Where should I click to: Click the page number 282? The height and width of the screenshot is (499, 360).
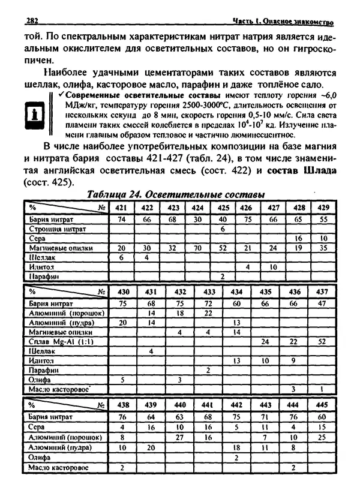[x=32, y=21]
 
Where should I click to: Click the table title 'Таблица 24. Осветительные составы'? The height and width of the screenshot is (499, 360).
[x=176, y=195]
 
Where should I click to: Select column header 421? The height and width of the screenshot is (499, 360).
[x=121, y=208]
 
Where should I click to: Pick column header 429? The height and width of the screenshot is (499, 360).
[x=323, y=208]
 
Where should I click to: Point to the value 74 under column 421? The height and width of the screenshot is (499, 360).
[x=121, y=220]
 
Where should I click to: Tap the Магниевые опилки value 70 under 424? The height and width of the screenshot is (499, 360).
[x=197, y=248]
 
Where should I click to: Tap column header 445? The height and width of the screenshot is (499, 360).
[x=322, y=404]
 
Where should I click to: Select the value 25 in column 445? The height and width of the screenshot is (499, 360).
[x=322, y=437]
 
